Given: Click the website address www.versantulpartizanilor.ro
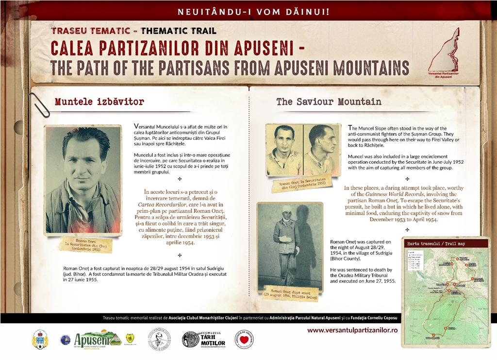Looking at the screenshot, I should point(352,329).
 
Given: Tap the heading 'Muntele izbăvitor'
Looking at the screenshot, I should point(99,102).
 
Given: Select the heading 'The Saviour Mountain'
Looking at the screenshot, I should point(329,102).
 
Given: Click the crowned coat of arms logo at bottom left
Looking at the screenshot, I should point(40,339).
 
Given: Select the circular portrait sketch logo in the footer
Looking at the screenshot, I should point(159,339).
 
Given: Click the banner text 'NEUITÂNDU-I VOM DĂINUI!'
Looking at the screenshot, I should point(248,10).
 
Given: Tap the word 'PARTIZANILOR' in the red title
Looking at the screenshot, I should point(148,48).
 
